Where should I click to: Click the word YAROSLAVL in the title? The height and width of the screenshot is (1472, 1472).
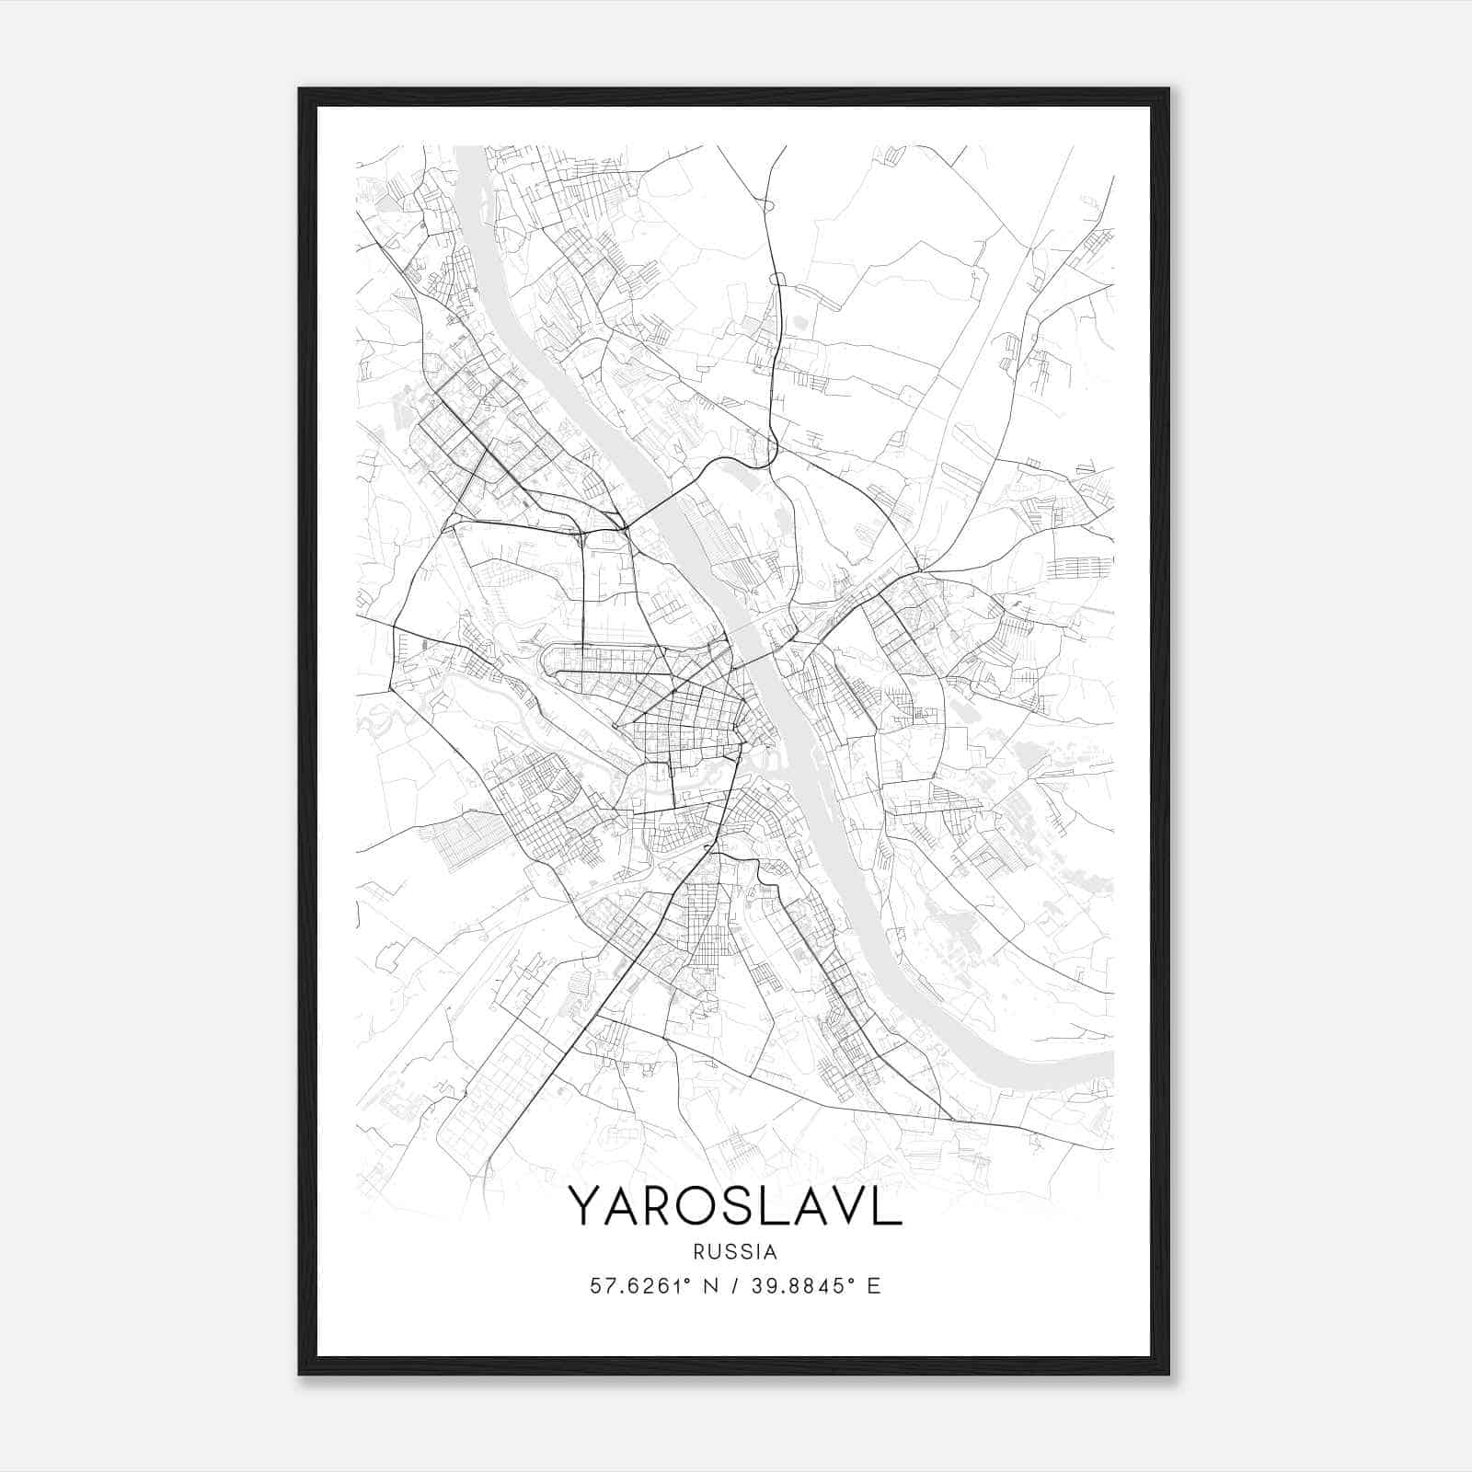point(735,1206)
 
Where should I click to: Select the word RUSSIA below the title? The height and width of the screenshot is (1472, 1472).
point(735,1252)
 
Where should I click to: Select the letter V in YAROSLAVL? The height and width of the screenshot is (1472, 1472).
point(845,1206)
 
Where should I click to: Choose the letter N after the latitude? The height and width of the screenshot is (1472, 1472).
point(708,1286)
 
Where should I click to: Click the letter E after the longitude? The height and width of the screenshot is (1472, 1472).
point(874,1286)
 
